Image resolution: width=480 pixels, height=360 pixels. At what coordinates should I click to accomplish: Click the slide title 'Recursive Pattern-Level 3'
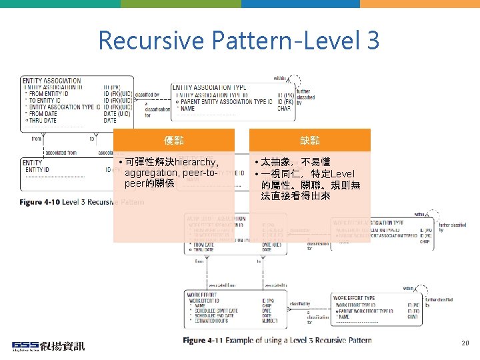pos(239,41)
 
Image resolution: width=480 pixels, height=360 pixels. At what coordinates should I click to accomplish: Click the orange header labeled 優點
pos(174,140)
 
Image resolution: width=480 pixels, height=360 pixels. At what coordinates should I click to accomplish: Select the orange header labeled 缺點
pos(309,140)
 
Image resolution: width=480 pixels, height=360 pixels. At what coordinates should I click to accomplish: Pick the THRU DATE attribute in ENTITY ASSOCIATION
pos(43,120)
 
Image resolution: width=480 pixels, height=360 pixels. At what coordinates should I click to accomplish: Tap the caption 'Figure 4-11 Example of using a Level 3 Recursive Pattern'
pos(277,340)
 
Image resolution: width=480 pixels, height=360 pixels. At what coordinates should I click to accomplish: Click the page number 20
pos(465,343)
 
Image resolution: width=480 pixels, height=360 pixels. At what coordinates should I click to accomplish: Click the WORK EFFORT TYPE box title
pos(353,298)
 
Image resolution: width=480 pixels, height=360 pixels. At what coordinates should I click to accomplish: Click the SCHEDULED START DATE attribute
pos(217,311)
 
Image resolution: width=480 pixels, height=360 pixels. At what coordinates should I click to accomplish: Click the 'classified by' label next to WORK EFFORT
pos(299,304)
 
